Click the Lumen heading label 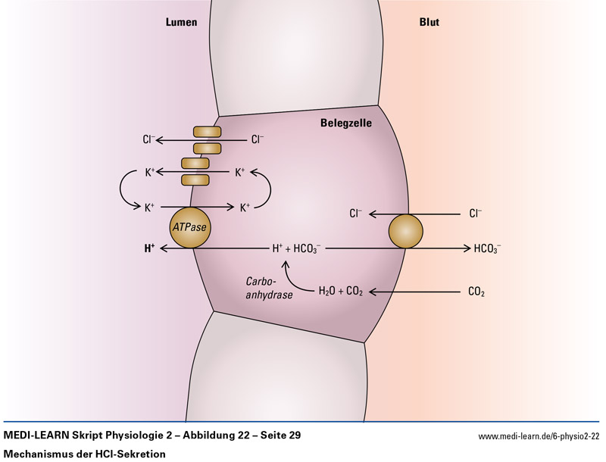coord(181,23)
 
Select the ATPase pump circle coord(189,227)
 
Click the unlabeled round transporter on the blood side coord(407,231)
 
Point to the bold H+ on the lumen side coord(149,248)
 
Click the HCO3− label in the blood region coord(487,248)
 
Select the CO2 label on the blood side coord(477,292)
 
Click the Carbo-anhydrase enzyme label coord(268,289)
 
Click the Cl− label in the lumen coord(149,139)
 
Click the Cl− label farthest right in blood coord(476,214)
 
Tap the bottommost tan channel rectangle coord(196,179)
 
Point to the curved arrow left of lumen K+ coord(123,189)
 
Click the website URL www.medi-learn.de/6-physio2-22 coord(539,436)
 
